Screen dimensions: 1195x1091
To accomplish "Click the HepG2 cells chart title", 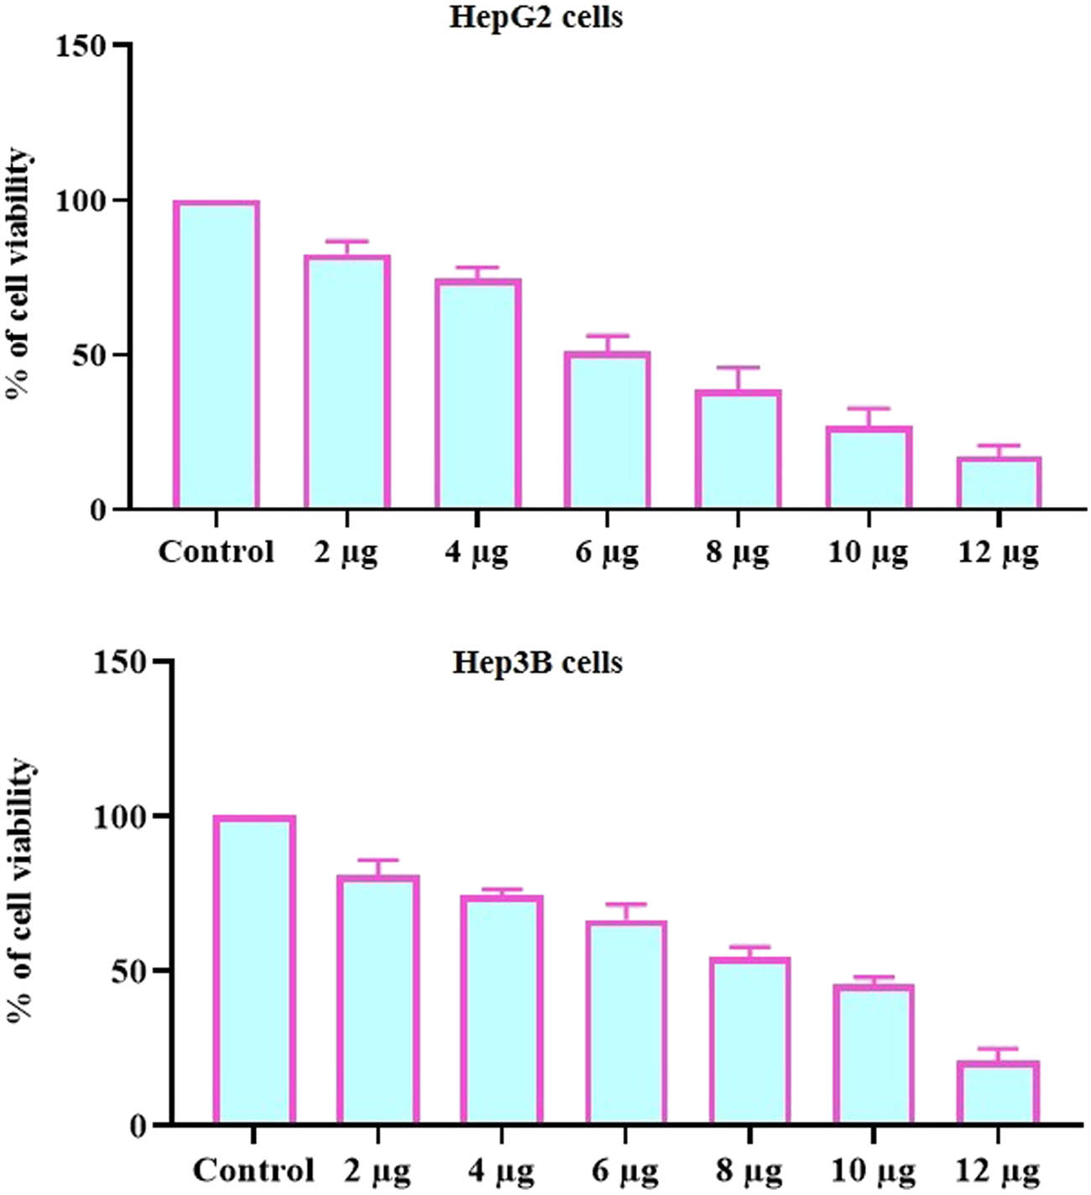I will [535, 17].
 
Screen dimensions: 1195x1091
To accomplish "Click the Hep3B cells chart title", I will [537, 663].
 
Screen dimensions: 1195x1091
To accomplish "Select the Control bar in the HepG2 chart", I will [216, 355].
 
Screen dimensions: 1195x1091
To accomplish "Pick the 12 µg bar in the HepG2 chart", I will [999, 484].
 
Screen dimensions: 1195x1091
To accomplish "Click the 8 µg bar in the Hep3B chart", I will [749, 1041].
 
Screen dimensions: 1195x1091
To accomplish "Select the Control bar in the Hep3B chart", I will [253, 970].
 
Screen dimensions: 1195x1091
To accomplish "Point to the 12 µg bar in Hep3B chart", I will [998, 1093].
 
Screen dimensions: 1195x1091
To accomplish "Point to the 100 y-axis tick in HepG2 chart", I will [81, 201].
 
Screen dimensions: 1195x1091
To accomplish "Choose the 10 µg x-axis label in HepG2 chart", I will [868, 553].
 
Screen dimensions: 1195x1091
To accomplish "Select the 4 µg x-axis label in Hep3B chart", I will [501, 1171].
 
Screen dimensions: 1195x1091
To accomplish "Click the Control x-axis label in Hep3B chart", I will [253, 1170].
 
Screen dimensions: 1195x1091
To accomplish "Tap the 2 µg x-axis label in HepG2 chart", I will [346, 553].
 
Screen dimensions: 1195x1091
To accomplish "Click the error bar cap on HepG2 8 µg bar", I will [739, 368].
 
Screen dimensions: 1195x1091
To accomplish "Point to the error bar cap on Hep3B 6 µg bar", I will [625, 905].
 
